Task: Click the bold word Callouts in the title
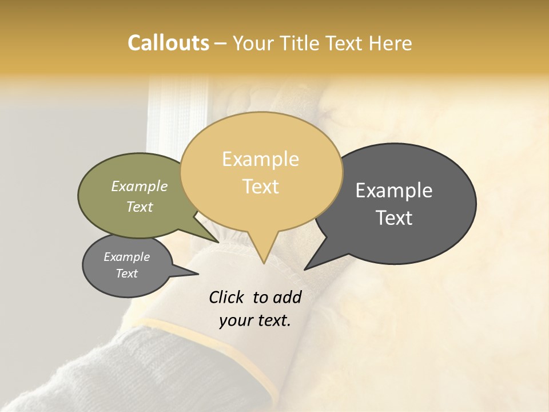(x=168, y=43)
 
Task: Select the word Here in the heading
(x=390, y=43)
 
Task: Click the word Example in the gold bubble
(x=260, y=159)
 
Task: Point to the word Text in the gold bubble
(x=260, y=186)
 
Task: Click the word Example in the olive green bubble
(x=139, y=186)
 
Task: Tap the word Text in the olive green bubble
(x=139, y=207)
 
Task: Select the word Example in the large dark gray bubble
(x=393, y=191)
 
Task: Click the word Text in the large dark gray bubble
(x=393, y=217)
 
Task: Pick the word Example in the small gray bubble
(x=126, y=257)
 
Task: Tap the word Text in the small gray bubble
(x=126, y=274)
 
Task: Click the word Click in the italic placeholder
(x=227, y=297)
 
